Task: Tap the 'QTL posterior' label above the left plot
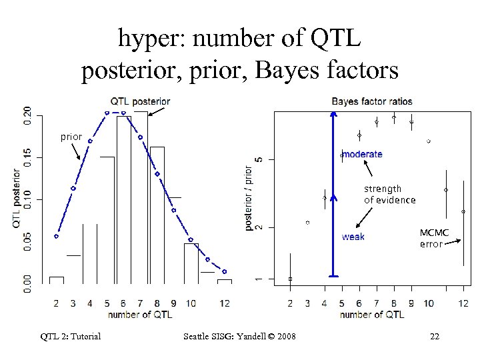click(x=140, y=101)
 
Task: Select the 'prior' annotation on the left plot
click(x=71, y=137)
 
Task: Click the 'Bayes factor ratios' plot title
click(x=372, y=101)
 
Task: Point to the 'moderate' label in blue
click(x=363, y=154)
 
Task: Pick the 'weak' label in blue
click(x=353, y=237)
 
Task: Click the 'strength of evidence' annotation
click(x=389, y=194)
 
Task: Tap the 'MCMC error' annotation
click(x=434, y=238)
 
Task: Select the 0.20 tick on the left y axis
click(x=27, y=116)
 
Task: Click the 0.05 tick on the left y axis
click(x=27, y=241)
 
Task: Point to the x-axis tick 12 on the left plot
click(x=225, y=303)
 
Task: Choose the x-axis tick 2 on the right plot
click(x=290, y=303)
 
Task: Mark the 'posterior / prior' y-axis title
click(x=249, y=199)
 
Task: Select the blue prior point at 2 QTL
click(x=57, y=236)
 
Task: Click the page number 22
click(x=435, y=336)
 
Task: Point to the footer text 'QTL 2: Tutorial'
click(x=69, y=336)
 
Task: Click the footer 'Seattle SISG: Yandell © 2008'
click(x=239, y=336)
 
